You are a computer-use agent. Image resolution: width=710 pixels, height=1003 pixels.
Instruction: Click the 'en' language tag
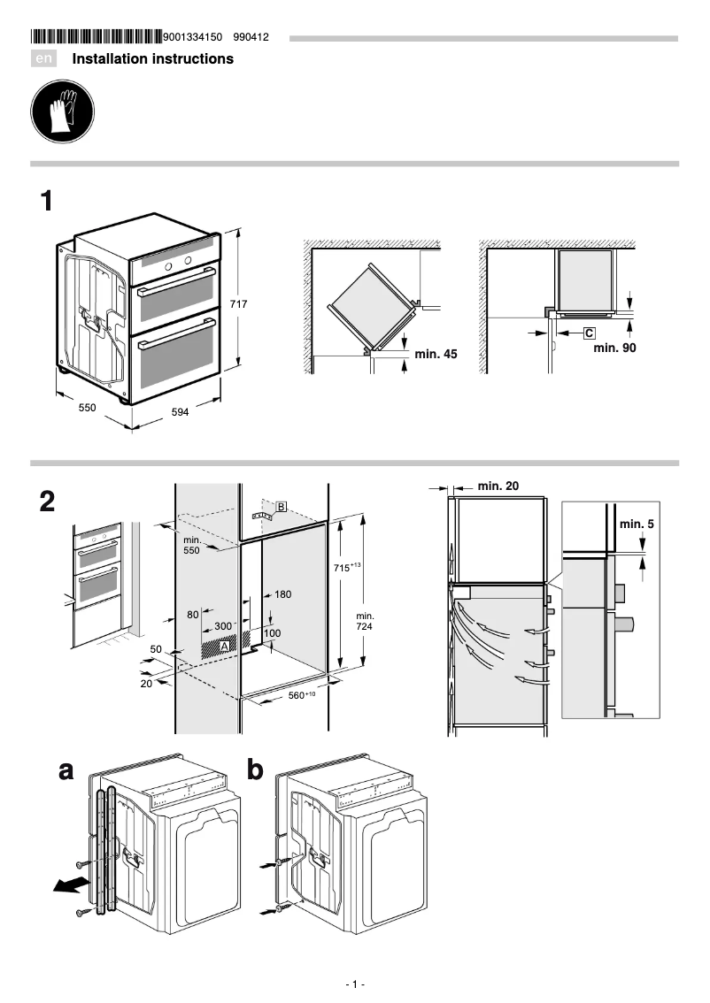[x=43, y=59]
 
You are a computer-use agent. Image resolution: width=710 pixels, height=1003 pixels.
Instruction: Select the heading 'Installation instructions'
[x=152, y=59]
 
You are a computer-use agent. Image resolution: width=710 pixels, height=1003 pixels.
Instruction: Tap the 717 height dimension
[x=238, y=303]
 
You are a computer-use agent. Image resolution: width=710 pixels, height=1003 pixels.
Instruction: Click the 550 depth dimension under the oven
[x=87, y=408]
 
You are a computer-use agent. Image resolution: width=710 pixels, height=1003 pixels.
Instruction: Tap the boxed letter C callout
[x=589, y=333]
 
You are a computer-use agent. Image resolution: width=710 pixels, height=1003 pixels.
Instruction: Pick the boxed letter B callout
[x=281, y=506]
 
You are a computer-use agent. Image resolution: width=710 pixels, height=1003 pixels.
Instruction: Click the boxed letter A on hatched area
[x=224, y=647]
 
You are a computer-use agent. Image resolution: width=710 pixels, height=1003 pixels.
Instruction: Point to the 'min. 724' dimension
[x=365, y=621]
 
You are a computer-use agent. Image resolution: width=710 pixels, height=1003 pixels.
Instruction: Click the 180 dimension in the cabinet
[x=282, y=594]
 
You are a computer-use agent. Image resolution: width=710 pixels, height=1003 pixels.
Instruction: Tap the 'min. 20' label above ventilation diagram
[x=498, y=485]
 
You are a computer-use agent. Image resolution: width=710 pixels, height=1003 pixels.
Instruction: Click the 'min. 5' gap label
[x=637, y=524]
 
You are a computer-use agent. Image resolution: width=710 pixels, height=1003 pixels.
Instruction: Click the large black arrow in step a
[x=70, y=885]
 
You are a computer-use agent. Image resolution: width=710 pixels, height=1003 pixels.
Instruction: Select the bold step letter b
[x=255, y=771]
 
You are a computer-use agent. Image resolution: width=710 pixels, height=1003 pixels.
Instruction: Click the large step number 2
[x=48, y=501]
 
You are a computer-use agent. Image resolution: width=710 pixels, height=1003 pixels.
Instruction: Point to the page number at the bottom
[x=355, y=984]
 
